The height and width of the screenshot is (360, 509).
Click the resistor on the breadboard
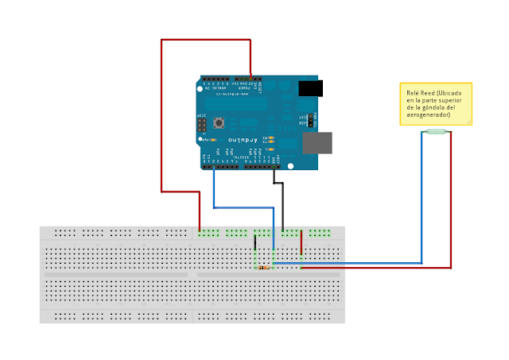tap(263, 268)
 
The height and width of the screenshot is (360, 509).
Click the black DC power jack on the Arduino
tap(310, 88)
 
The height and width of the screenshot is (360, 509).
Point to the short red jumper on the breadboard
tap(301, 242)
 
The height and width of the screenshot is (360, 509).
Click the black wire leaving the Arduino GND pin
tap(278, 184)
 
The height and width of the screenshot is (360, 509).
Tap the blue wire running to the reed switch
tap(422, 199)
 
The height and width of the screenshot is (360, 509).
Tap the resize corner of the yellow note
tap(468, 122)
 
